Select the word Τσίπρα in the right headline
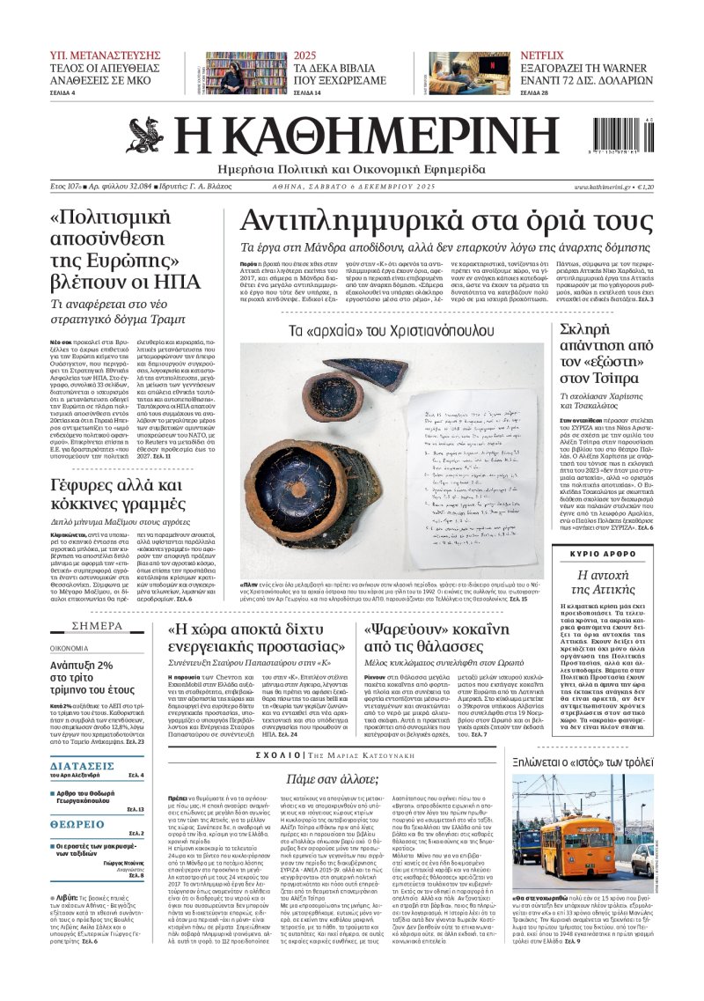(612, 379)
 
